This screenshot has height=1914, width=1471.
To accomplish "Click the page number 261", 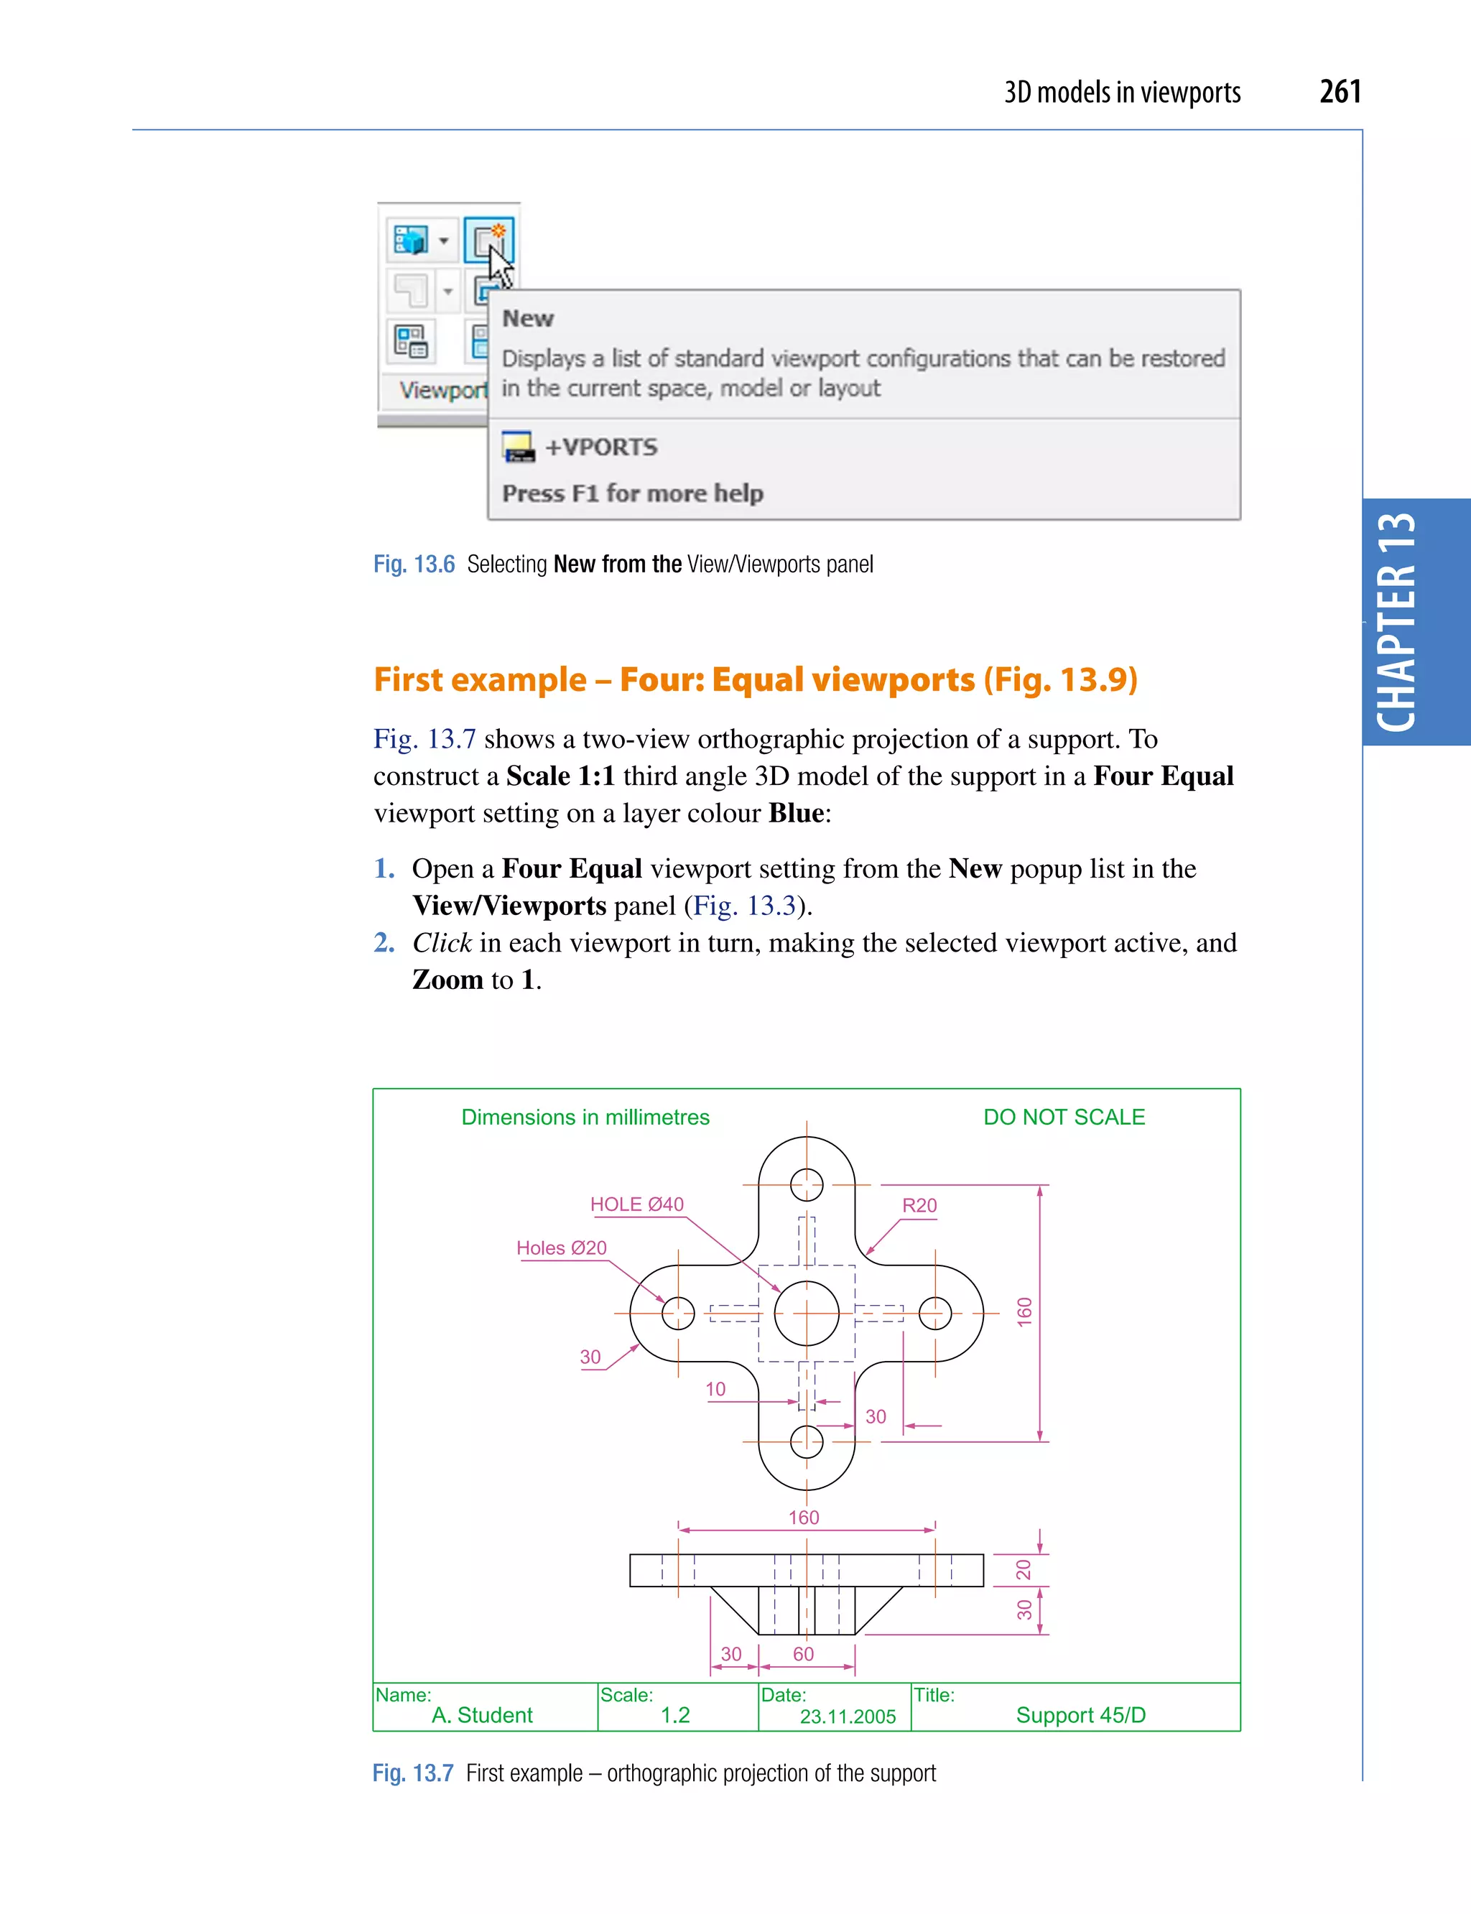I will tap(1340, 91).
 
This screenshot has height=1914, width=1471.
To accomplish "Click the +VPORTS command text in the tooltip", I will tap(600, 447).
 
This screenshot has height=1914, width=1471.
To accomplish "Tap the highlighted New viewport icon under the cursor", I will tap(488, 240).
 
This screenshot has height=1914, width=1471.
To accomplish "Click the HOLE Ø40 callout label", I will tap(636, 1204).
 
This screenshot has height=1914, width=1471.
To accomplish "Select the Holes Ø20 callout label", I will tap(561, 1248).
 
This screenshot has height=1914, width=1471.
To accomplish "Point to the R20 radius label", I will tap(919, 1205).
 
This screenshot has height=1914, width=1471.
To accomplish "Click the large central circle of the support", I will tap(807, 1314).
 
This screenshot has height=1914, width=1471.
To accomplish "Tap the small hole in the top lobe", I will tap(807, 1184).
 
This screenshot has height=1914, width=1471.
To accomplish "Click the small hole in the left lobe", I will tap(678, 1314).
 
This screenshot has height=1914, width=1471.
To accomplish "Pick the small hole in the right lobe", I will tap(935, 1314).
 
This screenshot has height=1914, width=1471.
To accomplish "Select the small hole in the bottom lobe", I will tap(807, 1441).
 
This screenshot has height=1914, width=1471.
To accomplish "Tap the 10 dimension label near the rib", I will tap(715, 1389).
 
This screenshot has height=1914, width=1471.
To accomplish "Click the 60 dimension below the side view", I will tap(803, 1654).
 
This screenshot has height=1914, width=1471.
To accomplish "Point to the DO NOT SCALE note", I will tap(1064, 1118).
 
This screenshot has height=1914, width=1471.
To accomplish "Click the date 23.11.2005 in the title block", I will tap(848, 1716).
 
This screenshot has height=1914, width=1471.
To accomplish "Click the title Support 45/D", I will tap(1080, 1714).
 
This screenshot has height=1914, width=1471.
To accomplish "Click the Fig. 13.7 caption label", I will tap(412, 1773).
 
